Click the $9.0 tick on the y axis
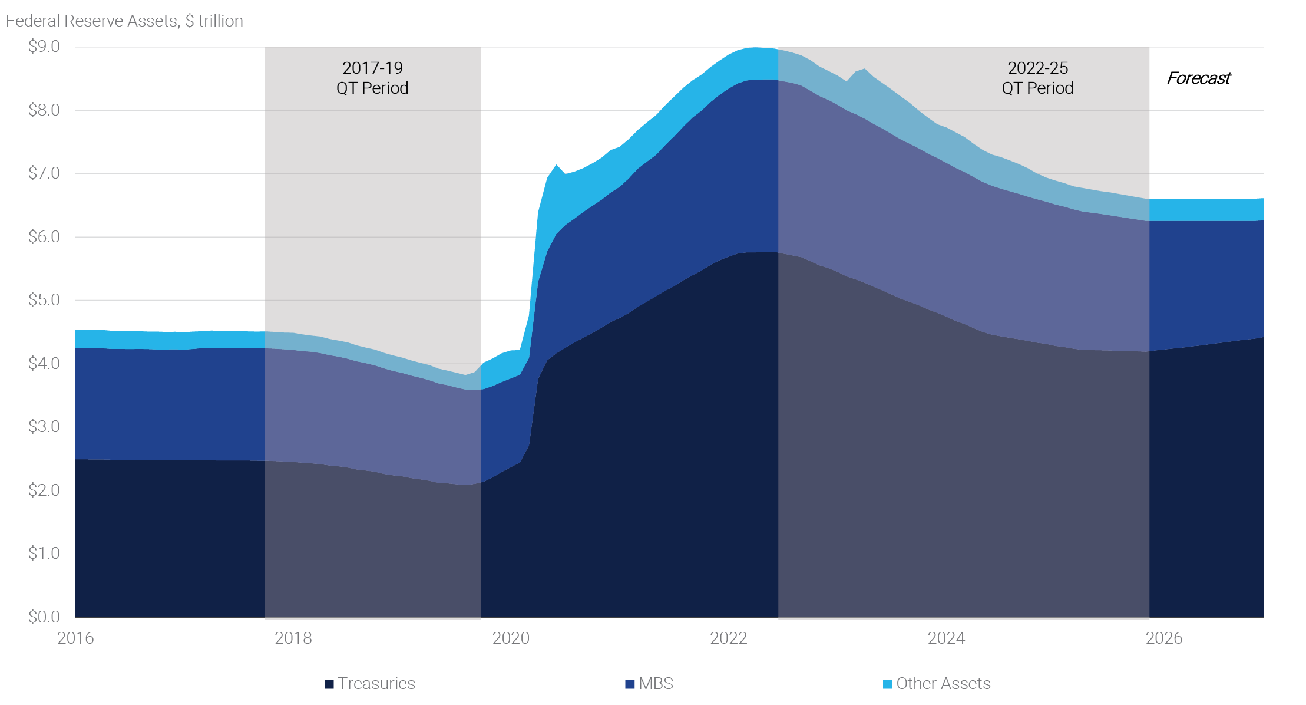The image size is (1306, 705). pyautogui.click(x=44, y=47)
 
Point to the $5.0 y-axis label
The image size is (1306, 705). pyautogui.click(x=44, y=300)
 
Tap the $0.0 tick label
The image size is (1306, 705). pyautogui.click(x=44, y=617)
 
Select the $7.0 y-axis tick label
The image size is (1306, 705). pyautogui.click(x=44, y=173)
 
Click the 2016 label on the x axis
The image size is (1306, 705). pyautogui.click(x=75, y=638)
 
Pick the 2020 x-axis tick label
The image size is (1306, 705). pyautogui.click(x=511, y=638)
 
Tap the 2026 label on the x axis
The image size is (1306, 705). pyautogui.click(x=1164, y=638)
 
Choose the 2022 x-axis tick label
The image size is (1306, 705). pyautogui.click(x=729, y=638)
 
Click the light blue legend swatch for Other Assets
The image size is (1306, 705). pyautogui.click(x=888, y=684)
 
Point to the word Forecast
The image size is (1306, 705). pyautogui.click(x=1199, y=78)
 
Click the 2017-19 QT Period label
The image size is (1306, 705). pyautogui.click(x=372, y=78)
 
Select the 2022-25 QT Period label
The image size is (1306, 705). pyautogui.click(x=1037, y=78)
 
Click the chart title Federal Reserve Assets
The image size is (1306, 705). pyautogui.click(x=124, y=21)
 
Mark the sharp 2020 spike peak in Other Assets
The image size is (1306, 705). pyautogui.click(x=556, y=165)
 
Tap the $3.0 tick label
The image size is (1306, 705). pyautogui.click(x=44, y=427)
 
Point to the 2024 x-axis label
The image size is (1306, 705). pyautogui.click(x=946, y=638)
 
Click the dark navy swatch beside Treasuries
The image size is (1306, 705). pyautogui.click(x=329, y=684)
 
